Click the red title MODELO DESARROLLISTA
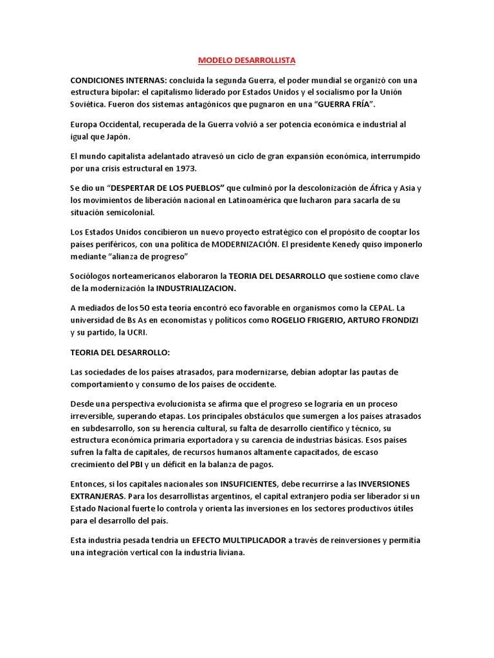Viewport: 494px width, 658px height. tap(246, 60)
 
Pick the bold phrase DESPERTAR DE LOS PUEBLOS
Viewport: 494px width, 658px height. tap(167, 188)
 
